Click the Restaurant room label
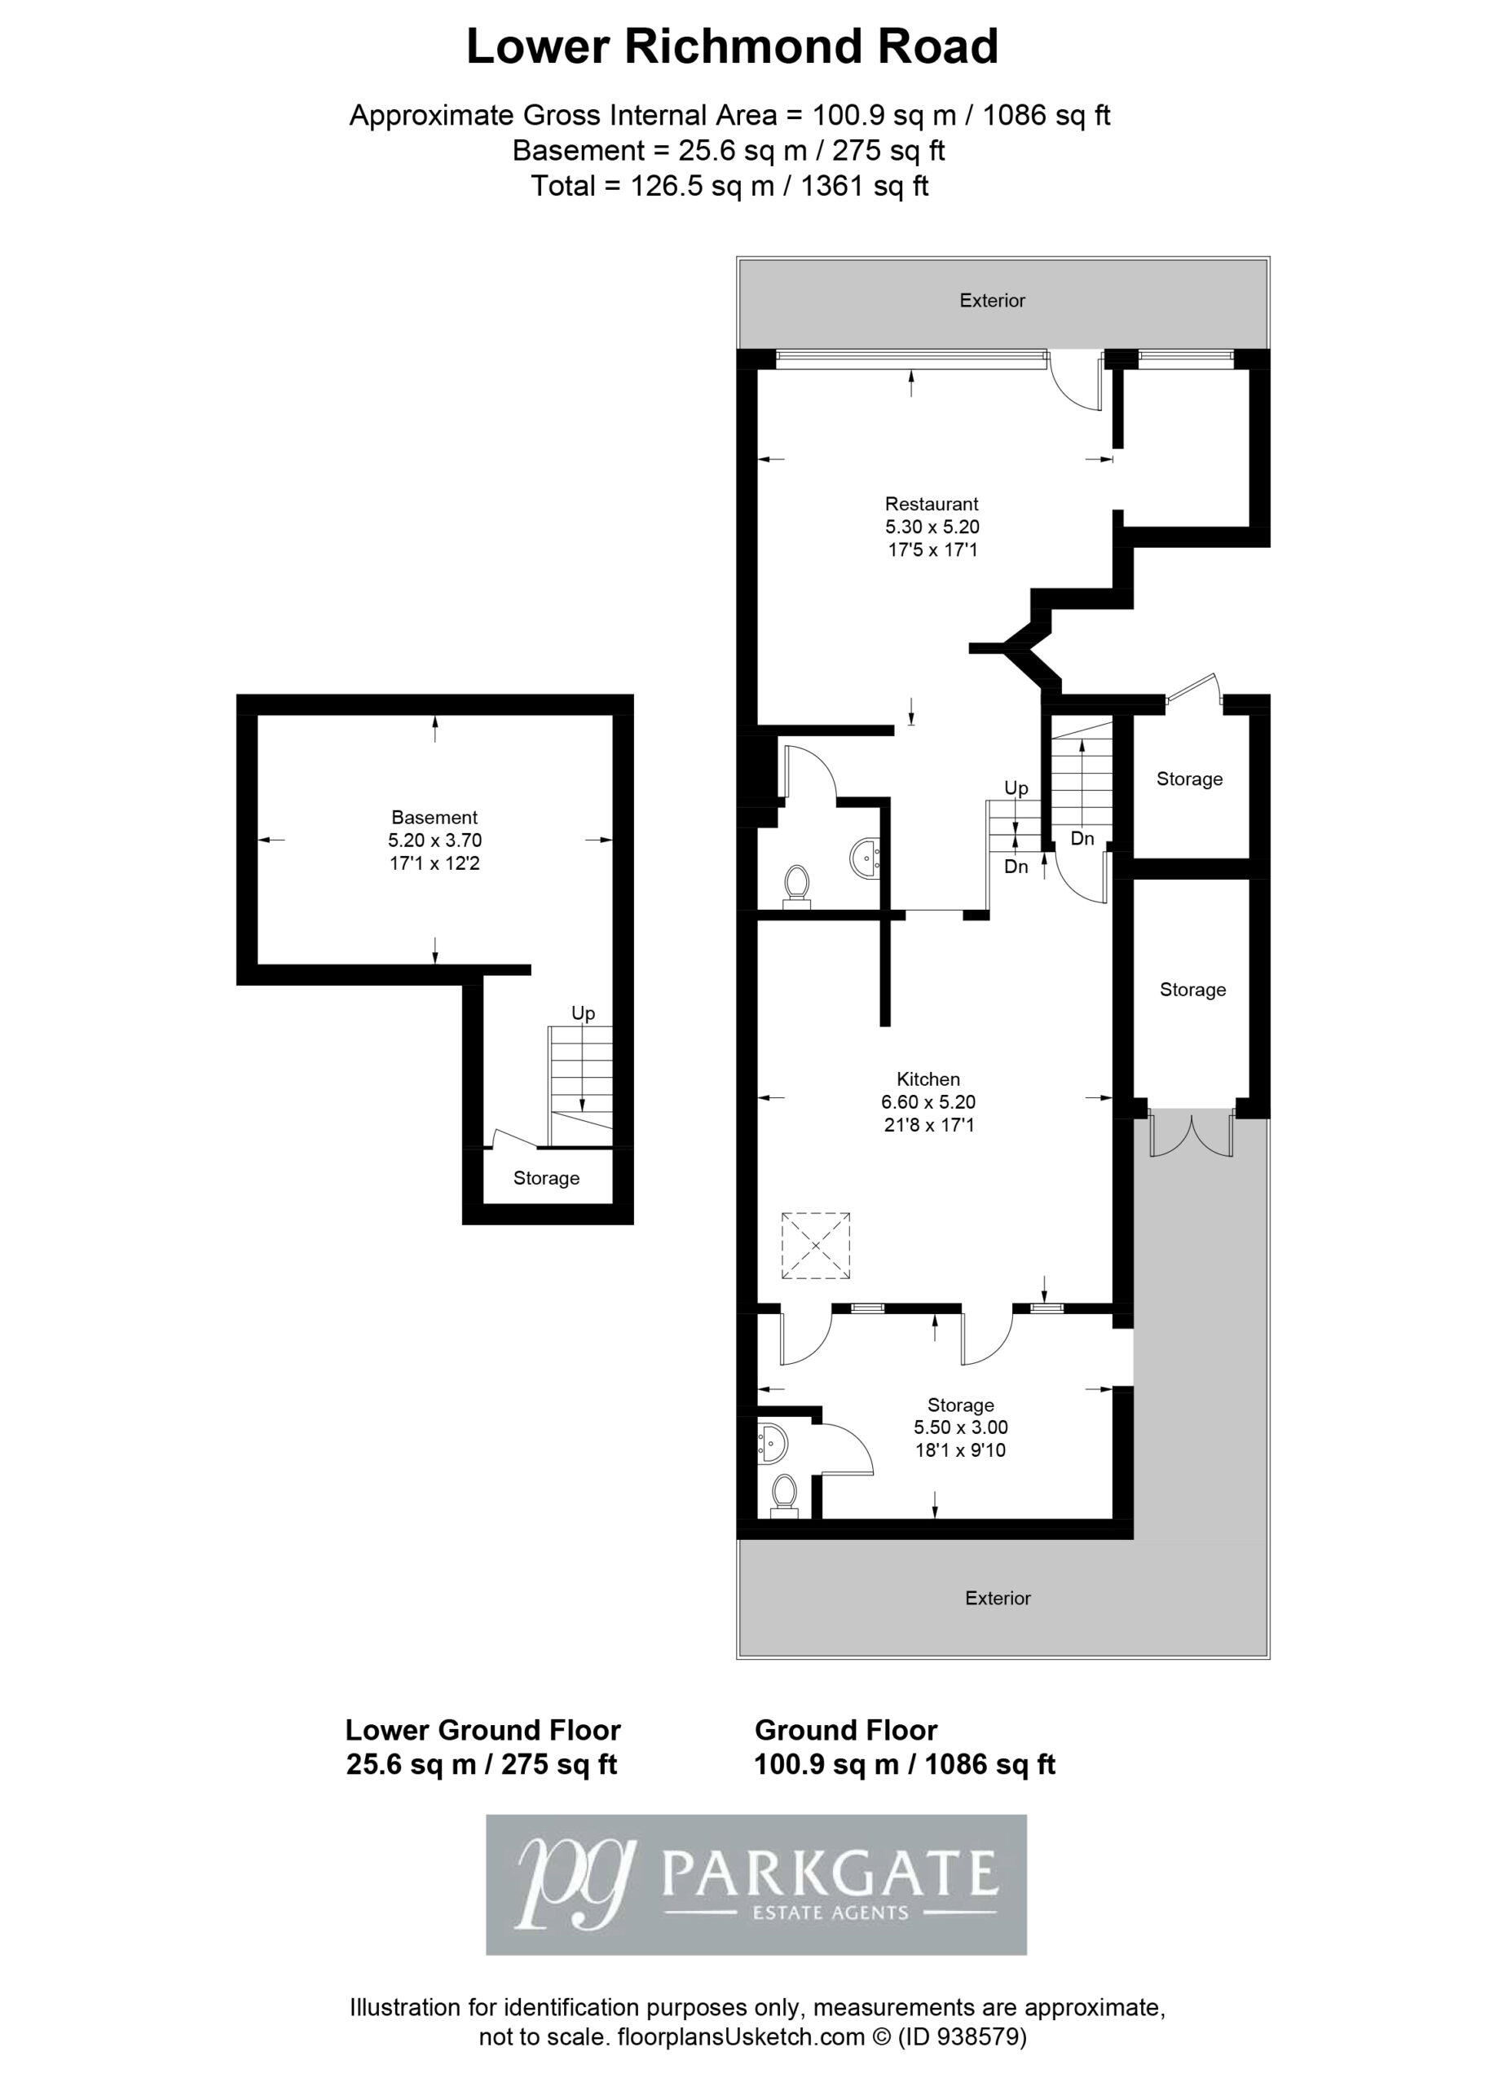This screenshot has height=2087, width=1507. [931, 503]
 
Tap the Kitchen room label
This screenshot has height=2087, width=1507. [928, 1079]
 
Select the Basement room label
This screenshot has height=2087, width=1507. [434, 817]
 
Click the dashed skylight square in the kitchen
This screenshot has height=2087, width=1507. [815, 1246]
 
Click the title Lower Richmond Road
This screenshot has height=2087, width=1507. [733, 47]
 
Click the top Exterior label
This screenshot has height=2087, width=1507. [992, 300]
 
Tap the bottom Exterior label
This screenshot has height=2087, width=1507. [998, 1598]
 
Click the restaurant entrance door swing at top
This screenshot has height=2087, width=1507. [1074, 382]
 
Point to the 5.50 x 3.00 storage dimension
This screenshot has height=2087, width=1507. [960, 1427]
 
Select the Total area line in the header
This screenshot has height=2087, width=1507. [729, 186]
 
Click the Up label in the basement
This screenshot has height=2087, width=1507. [584, 1013]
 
